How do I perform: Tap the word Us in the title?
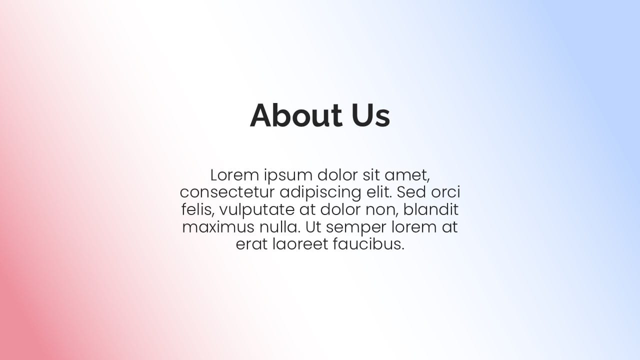coord(370,115)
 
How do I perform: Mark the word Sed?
coord(412,192)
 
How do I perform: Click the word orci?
coord(446,192)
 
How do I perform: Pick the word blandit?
coord(431,210)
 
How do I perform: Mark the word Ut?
coord(313,227)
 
